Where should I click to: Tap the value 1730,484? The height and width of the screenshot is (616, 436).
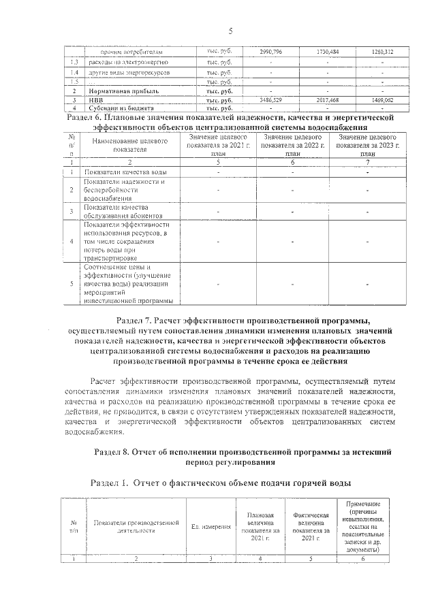tap(328, 52)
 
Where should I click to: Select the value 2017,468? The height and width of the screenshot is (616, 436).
tap(328, 100)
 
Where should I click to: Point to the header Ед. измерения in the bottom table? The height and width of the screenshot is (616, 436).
tap(211, 527)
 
